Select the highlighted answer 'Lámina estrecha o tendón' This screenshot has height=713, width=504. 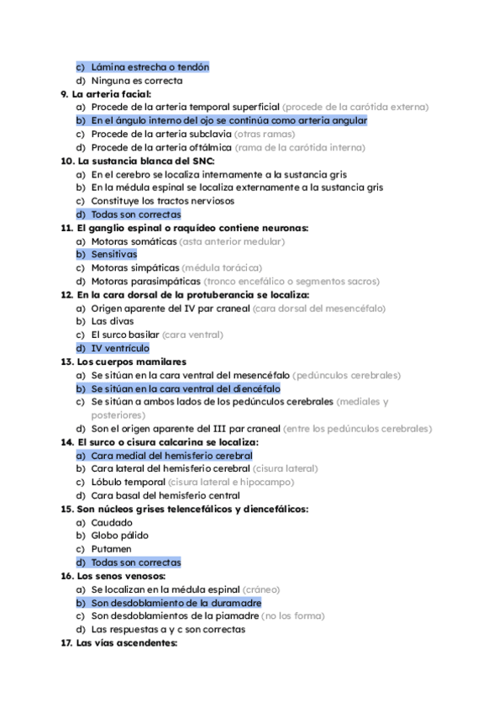click(x=150, y=66)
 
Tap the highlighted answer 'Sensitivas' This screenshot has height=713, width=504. click(x=114, y=254)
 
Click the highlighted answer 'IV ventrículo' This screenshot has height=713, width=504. click(x=120, y=347)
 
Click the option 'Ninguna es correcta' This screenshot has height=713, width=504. click(x=136, y=80)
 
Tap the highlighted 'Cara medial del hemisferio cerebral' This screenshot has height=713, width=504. click(x=171, y=455)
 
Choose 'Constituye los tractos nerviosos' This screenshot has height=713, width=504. click(x=162, y=200)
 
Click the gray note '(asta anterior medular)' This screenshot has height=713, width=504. click(x=233, y=240)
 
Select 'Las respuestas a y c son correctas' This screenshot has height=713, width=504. click(x=168, y=629)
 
